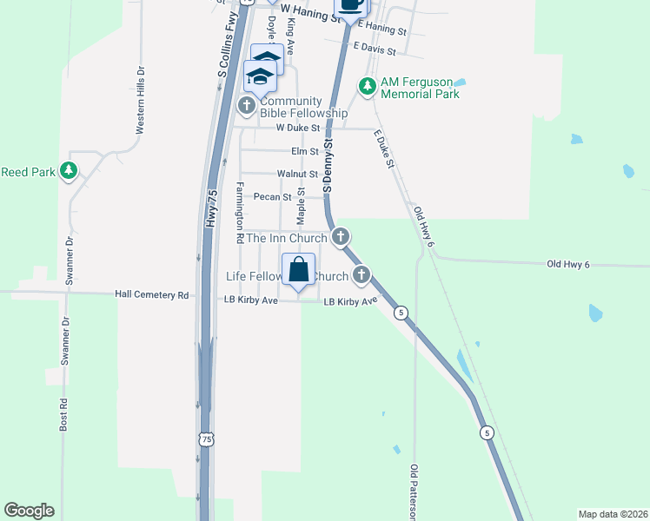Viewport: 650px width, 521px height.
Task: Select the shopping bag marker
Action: [298, 270]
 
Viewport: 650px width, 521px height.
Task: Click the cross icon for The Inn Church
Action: [342, 236]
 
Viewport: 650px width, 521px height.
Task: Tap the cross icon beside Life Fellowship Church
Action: [361, 276]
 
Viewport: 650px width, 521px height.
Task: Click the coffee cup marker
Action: [350, 4]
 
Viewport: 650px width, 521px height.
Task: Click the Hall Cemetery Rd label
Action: [152, 295]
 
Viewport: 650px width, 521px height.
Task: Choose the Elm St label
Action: [304, 152]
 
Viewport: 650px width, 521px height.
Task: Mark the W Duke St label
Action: [298, 129]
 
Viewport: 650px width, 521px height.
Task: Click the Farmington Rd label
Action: [240, 213]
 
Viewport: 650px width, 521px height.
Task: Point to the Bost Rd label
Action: [63, 416]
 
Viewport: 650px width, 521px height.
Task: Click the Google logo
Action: [29, 511]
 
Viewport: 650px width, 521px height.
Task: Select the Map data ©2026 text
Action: [613, 514]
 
